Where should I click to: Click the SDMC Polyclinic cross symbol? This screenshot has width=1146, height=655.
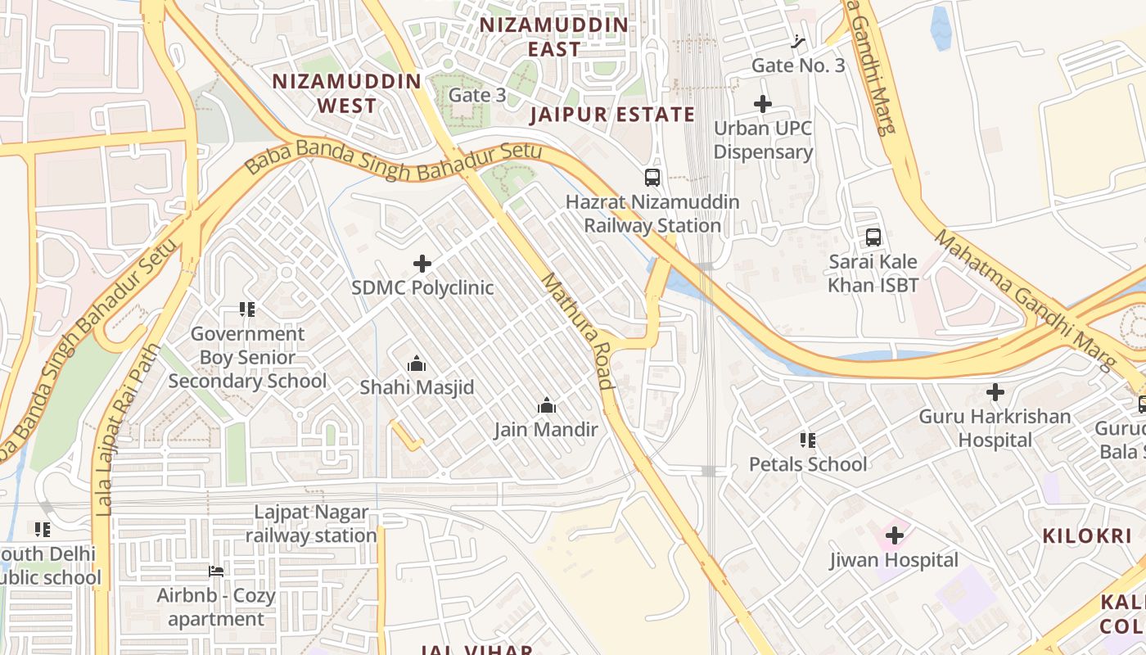coord(422,264)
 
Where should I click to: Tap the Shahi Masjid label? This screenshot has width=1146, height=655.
coord(417,387)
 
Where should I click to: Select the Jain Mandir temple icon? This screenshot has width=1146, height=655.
coord(547,405)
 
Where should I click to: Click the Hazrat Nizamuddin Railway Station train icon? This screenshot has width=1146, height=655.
coord(652,177)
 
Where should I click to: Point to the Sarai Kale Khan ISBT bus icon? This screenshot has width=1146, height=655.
coord(873,237)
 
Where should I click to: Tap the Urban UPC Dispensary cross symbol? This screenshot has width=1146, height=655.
coord(763,104)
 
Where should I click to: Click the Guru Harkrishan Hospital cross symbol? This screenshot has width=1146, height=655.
coord(995,392)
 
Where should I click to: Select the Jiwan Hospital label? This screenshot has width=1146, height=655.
coord(894,560)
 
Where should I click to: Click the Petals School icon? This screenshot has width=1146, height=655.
coord(808,440)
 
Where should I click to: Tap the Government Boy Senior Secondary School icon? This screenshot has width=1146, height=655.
coord(247,309)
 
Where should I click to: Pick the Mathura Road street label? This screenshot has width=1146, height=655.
coord(578,331)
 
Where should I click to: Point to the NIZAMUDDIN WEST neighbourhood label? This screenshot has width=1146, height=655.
coord(347,93)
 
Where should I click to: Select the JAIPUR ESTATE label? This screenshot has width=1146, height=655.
coord(612,115)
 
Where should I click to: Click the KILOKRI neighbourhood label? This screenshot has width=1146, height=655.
coord(1086,536)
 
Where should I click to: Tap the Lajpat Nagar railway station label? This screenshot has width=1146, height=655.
coord(311,524)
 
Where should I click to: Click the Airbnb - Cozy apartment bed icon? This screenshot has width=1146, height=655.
coord(217,571)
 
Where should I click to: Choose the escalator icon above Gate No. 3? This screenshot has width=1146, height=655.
coord(799,41)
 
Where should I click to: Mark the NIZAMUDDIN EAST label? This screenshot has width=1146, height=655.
coord(554,37)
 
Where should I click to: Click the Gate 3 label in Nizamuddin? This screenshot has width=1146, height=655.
coord(477,95)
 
